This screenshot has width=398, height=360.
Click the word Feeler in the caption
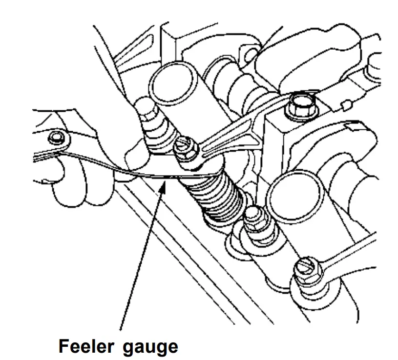[x=84, y=347]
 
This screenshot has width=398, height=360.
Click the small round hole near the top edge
[x=251, y=53]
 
